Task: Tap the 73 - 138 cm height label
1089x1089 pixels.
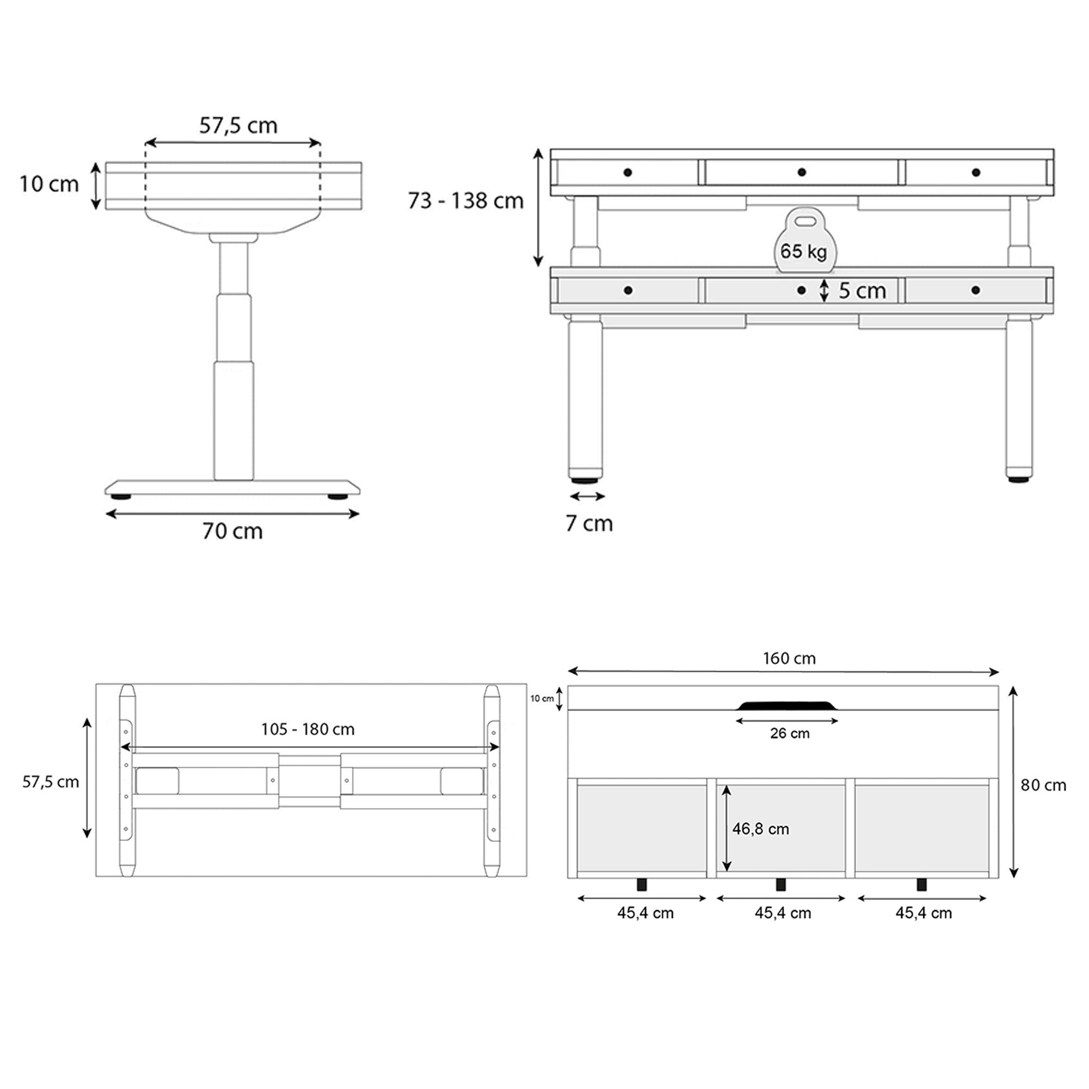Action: pyautogui.click(x=466, y=201)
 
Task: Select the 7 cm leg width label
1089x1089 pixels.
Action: pyautogui.click(x=589, y=524)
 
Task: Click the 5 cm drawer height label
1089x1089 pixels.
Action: pyautogui.click(x=862, y=291)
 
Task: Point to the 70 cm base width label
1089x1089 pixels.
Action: pyautogui.click(x=233, y=531)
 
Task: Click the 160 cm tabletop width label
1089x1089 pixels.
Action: pyautogui.click(x=789, y=658)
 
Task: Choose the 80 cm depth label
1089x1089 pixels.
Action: pyautogui.click(x=1043, y=785)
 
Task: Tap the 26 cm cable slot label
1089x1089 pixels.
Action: pyautogui.click(x=789, y=733)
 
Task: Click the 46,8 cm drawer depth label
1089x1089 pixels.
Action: pyautogui.click(x=760, y=829)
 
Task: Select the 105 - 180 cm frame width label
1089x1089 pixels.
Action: pyautogui.click(x=308, y=730)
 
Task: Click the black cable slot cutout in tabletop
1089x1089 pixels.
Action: pyautogui.click(x=787, y=706)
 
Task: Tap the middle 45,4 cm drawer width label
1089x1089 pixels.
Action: pyautogui.click(x=783, y=913)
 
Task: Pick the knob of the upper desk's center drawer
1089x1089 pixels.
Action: pyautogui.click(x=802, y=172)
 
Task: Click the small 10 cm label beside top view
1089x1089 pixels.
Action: pyautogui.click(x=542, y=699)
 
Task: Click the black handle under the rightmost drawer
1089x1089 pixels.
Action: pyautogui.click(x=922, y=884)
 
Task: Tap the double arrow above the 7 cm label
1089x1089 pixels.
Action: pyautogui.click(x=588, y=497)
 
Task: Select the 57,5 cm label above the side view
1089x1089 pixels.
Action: pyautogui.click(x=238, y=125)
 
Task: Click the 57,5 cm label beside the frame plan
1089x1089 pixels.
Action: pyautogui.click(x=50, y=782)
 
